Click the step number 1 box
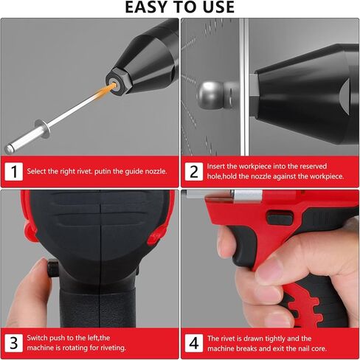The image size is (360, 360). pos(14,171)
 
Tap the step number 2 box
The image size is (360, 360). pos(194,171)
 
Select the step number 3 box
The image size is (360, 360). pos(14,343)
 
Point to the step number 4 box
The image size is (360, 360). pos(194,343)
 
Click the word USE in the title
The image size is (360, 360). pos(218,7)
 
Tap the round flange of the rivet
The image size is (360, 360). pos(43,128)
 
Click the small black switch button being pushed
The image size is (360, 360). pos(53,269)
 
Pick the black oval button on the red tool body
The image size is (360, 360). pos(280,218)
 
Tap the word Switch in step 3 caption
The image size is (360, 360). pos(37,338)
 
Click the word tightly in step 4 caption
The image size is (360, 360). pos(275,339)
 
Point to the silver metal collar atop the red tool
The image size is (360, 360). pos(247,196)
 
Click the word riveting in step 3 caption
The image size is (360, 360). pos(113,348)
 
